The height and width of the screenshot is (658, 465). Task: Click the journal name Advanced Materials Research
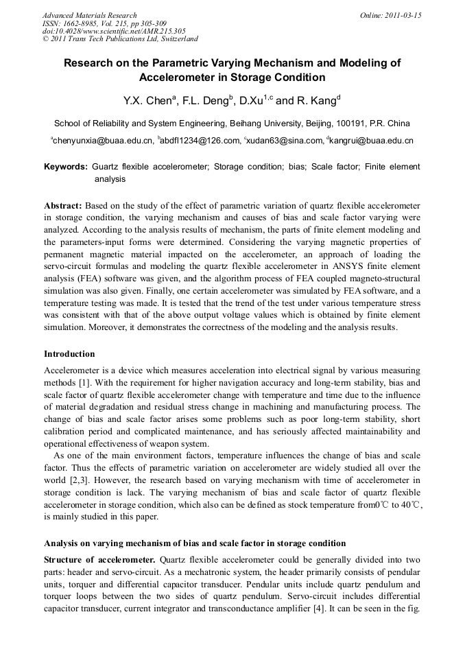tap(89, 15)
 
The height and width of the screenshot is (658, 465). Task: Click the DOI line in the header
tap(114, 32)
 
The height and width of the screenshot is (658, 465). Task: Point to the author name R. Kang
tap(316, 101)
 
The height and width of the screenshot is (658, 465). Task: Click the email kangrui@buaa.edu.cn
tap(371, 141)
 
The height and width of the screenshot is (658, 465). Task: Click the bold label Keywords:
tap(66, 167)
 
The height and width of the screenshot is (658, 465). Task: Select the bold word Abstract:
tap(63, 206)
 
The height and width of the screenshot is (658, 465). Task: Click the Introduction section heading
tap(69, 354)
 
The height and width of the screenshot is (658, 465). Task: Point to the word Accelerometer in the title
tap(180, 78)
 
